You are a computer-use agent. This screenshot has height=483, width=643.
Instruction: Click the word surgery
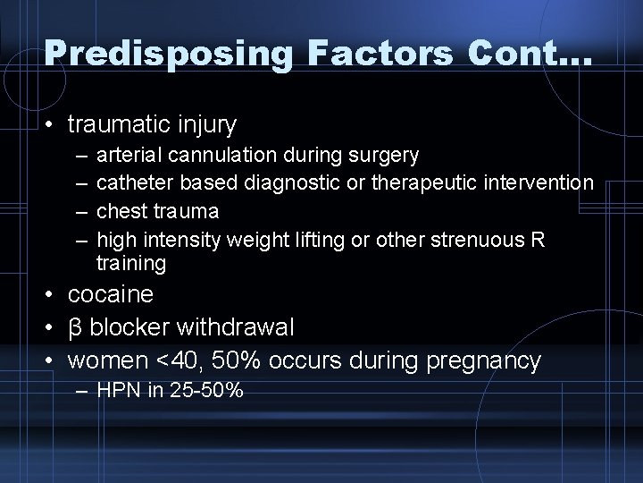point(387,157)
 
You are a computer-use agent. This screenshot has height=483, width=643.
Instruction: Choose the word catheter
point(135,183)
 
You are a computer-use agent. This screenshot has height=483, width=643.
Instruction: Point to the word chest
point(121,211)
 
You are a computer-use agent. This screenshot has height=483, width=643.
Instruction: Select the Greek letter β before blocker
point(77,327)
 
